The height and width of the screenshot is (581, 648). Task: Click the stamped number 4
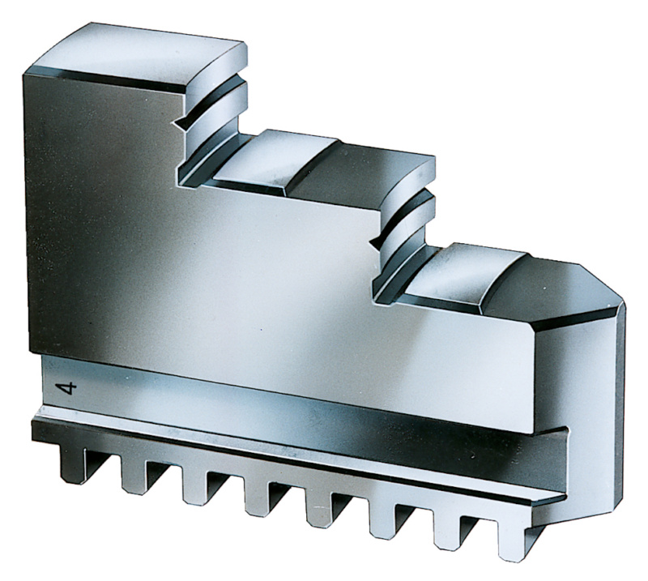(66, 389)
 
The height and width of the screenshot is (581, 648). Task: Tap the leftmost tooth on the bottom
(71, 464)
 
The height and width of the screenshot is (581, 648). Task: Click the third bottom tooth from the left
(195, 485)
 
